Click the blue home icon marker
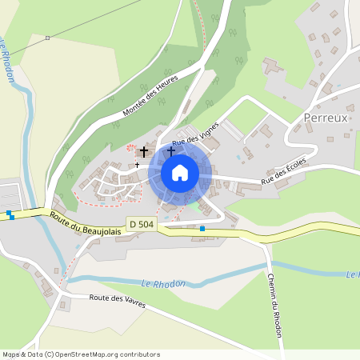(180, 173)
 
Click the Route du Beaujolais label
(84, 222)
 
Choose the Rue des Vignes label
(195, 135)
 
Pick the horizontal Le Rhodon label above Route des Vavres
(164, 283)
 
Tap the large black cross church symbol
(144, 150)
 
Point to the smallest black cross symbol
(137, 165)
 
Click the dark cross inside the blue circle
(170, 150)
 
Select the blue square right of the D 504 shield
(202, 229)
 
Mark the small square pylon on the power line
(48, 38)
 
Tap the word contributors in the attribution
(138, 354)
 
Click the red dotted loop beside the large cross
(130, 149)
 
